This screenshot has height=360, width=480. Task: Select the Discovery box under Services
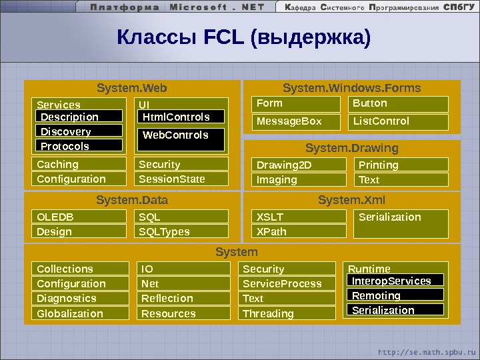click(79, 131)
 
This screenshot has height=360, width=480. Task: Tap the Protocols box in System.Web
click(79, 146)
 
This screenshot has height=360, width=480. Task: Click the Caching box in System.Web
click(79, 164)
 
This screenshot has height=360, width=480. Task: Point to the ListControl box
click(398, 121)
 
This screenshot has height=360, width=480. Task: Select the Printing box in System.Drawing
click(400, 165)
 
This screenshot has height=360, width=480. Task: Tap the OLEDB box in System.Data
click(79, 217)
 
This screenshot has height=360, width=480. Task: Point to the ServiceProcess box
click(287, 283)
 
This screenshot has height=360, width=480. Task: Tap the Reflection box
click(184, 298)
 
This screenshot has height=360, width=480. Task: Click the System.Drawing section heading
click(352, 147)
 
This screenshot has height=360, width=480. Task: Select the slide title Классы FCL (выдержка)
click(243, 38)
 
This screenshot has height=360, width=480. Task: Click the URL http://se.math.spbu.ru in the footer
click(427, 351)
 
